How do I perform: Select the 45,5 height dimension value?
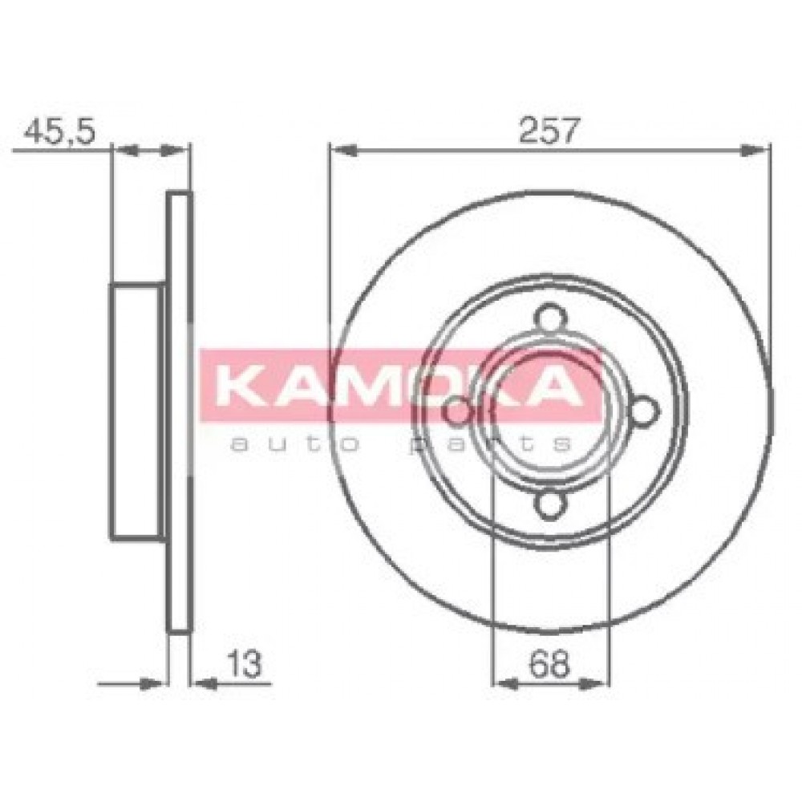click(60, 132)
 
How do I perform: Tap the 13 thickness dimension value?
click(245, 664)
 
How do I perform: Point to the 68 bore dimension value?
click(549, 664)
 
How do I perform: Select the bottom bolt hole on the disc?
click(551, 504)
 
